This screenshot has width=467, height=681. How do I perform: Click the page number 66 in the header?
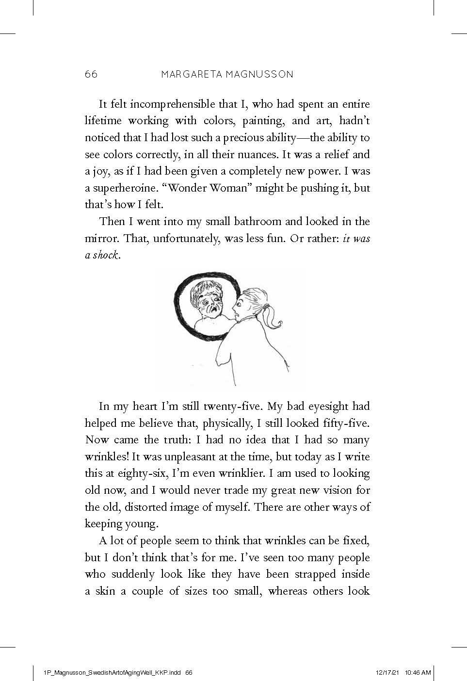(x=91, y=74)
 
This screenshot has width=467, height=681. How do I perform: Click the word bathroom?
(x=258, y=222)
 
